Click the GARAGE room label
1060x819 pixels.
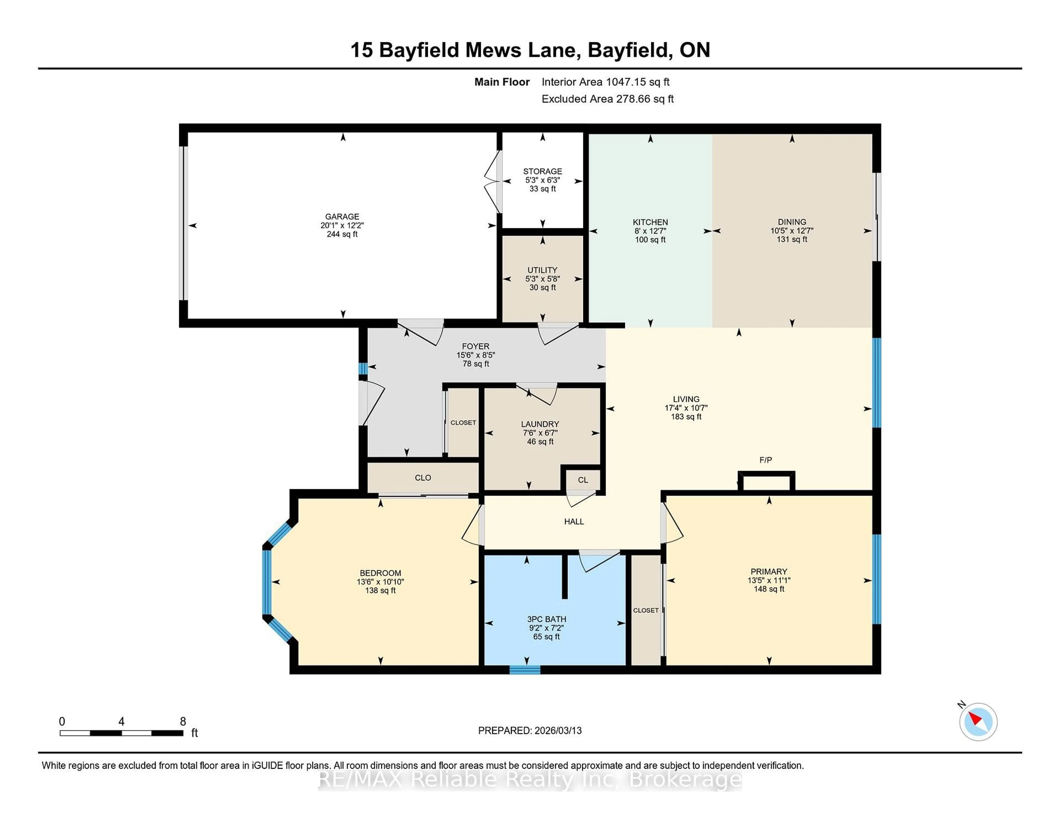342,216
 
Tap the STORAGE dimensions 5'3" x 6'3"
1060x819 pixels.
542,180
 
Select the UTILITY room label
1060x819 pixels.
542,270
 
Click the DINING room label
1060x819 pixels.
792,222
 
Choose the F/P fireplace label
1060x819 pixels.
765,459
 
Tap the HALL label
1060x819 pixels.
574,522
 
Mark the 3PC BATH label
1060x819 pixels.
547,619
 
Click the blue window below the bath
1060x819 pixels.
525,670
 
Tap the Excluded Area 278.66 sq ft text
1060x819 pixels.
607,99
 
